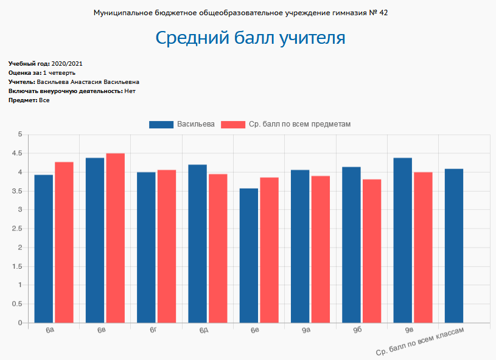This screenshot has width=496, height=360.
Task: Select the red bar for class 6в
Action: tap(116, 237)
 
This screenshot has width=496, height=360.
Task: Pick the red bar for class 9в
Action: tap(423, 247)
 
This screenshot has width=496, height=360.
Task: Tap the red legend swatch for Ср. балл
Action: tap(232, 124)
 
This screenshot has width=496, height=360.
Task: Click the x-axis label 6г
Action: tap(153, 330)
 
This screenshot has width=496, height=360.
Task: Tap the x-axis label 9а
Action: tap(306, 330)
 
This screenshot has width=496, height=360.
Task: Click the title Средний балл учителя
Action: tap(250, 38)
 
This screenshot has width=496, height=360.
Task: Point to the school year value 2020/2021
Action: tap(67, 64)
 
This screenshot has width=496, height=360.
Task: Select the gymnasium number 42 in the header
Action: tap(383, 13)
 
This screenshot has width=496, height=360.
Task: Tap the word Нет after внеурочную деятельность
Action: tap(129, 91)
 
